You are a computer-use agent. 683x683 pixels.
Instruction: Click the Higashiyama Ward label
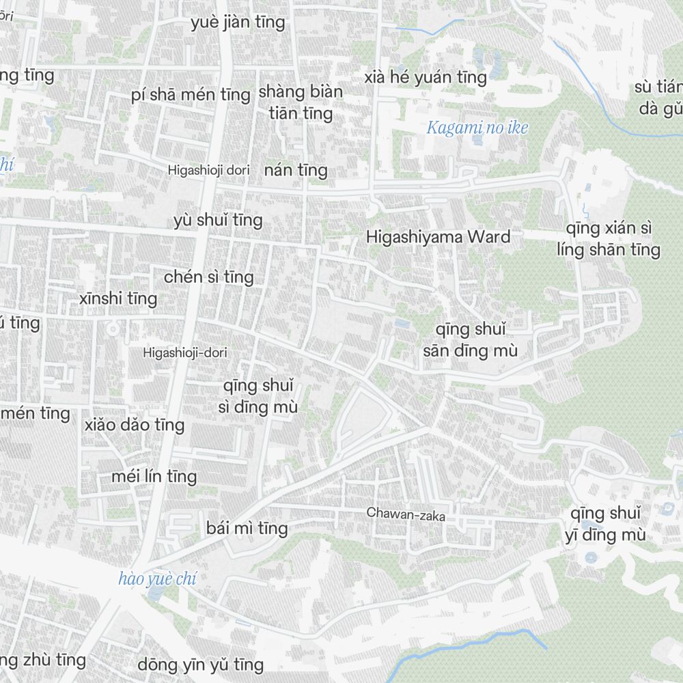(438, 237)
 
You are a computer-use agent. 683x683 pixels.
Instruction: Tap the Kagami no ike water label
(477, 128)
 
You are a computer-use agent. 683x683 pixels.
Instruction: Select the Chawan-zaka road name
(406, 514)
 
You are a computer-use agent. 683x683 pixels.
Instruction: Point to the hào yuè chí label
(157, 580)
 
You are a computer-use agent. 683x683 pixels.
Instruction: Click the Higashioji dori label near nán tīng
(208, 170)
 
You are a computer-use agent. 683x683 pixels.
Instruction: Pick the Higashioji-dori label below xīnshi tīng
(184, 353)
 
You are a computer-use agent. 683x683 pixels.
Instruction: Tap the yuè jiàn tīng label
(238, 23)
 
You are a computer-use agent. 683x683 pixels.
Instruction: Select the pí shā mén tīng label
(191, 94)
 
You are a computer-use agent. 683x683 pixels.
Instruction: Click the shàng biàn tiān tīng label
(301, 102)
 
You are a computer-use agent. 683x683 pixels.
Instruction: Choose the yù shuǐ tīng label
(219, 220)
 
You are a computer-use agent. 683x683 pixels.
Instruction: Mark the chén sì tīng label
(209, 277)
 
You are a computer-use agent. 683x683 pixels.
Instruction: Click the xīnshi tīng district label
(118, 298)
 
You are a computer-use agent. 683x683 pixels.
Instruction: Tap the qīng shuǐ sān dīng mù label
(471, 340)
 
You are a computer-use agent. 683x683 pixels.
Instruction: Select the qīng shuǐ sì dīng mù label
(260, 397)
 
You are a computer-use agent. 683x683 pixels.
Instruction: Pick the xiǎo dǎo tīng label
(135, 425)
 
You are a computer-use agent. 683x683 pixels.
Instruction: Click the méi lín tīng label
(154, 476)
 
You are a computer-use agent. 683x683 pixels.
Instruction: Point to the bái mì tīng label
(247, 528)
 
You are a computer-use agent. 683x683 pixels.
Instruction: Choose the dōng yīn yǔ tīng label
(201, 664)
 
